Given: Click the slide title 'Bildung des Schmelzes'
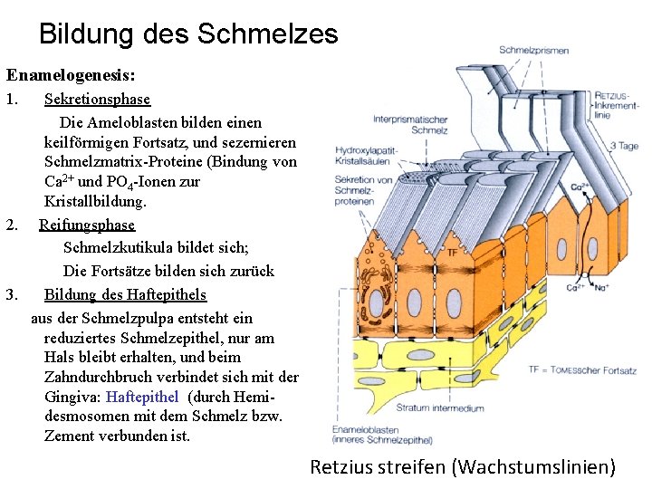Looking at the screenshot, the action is coord(188,34).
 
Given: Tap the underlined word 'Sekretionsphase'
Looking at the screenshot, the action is coord(97,99).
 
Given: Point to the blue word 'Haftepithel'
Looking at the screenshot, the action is coord(142,396).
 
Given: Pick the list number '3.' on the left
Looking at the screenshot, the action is coord(12,294).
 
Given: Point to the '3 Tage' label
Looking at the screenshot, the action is coord(624,145).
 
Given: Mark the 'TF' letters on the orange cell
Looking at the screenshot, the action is coord(452,254).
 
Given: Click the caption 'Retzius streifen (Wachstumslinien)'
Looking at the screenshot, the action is coord(463,467).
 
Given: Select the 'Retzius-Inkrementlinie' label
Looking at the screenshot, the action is coord(616,105).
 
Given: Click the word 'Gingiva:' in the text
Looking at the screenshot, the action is coord(74,396).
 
